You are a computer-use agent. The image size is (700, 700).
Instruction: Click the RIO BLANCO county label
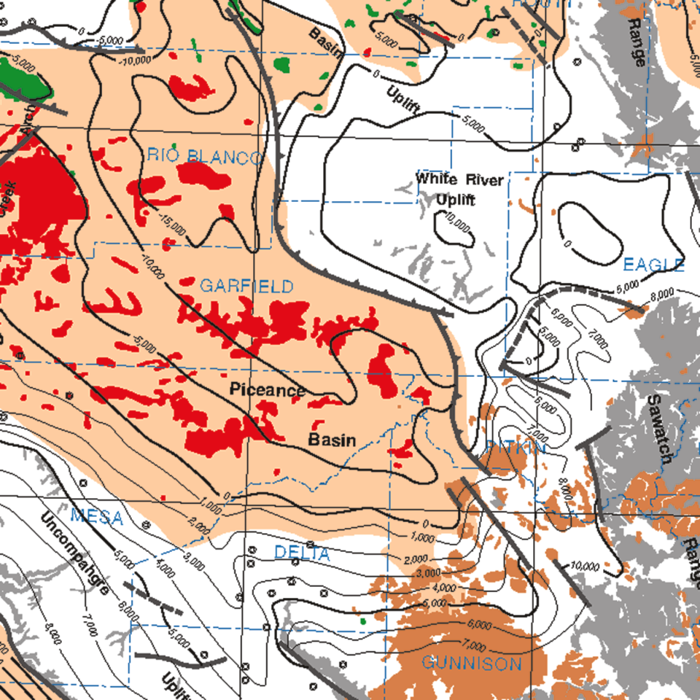pos(203,156)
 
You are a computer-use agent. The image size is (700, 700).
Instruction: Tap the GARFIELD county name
pos(246,286)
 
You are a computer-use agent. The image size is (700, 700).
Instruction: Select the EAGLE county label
pos(653,265)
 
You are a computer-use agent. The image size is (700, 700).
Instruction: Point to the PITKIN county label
pos(515,448)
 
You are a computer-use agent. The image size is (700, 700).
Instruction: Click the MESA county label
pos(96,518)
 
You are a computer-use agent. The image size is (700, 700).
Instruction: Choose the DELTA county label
pos(302,554)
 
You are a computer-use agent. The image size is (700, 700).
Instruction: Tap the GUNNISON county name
pos(472,664)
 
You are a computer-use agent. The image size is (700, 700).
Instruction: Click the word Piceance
pos(267,391)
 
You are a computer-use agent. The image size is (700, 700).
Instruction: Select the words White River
pos(459,179)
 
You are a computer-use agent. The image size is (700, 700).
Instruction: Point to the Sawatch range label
pos(660,430)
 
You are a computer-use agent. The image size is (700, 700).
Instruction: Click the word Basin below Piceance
pos(332,440)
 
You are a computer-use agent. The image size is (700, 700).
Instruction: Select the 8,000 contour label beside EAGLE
pos(663,294)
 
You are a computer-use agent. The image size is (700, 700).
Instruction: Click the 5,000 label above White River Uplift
pos(472,125)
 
